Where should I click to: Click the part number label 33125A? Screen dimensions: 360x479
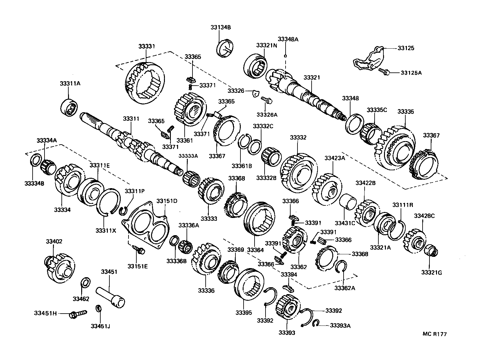411,73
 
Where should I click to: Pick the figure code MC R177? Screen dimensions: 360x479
434,334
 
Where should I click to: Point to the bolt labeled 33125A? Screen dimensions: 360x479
384,72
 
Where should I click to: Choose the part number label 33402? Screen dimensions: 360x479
54,241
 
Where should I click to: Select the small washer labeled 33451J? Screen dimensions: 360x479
98,309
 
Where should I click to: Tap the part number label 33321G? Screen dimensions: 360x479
431,273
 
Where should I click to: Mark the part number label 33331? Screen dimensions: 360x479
147,46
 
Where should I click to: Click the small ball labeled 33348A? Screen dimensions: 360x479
286,56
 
